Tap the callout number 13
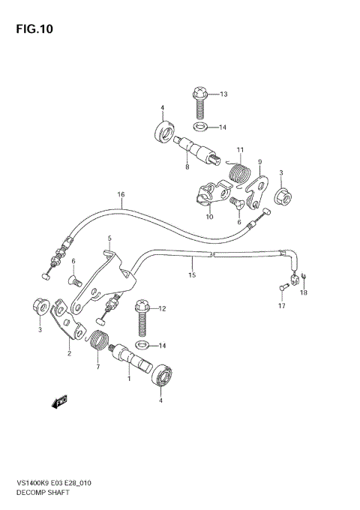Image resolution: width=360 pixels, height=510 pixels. [x=223, y=94]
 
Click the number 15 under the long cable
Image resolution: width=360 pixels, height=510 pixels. [x=191, y=275]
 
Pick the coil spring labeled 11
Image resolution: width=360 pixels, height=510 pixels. [x=238, y=173]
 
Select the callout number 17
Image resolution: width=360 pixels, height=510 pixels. [x=282, y=306]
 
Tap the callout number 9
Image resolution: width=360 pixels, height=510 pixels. [x=259, y=161]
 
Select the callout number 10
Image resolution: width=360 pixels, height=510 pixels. [x=209, y=217]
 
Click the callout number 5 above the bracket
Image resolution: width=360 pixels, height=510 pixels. [x=109, y=238]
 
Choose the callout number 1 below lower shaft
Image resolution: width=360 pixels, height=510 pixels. [x=128, y=379]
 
